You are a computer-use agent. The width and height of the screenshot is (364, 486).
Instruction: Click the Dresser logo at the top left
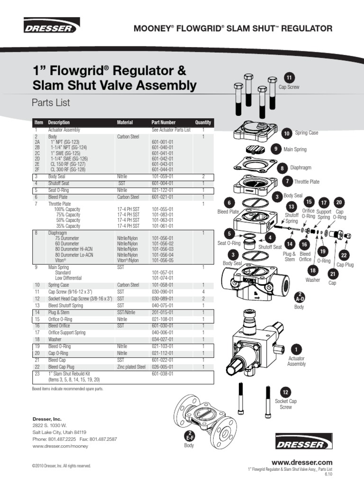(52, 27)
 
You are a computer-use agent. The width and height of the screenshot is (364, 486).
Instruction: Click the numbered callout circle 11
(290, 78)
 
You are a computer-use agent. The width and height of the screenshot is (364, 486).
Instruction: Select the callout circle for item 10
(286, 134)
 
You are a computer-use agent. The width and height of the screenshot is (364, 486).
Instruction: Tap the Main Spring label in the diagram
(295, 150)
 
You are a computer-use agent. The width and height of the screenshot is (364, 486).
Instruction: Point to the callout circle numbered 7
(287, 181)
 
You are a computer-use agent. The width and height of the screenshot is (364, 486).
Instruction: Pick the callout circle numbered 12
(285, 393)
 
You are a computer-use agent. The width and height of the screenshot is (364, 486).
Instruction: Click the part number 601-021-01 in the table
(163, 197)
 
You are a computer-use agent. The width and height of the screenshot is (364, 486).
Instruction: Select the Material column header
(125, 122)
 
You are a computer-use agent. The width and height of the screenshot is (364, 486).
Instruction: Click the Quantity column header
(203, 122)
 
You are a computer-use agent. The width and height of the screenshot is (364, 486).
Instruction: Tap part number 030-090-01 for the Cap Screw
(163, 292)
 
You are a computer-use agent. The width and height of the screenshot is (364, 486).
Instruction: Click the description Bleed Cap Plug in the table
(63, 367)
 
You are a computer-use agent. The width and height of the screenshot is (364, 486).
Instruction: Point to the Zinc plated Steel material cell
(131, 367)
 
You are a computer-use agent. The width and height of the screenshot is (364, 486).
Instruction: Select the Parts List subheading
(51, 103)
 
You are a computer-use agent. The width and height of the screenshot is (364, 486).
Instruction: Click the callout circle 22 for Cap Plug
(344, 255)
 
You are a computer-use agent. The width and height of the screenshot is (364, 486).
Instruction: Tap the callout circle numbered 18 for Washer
(312, 270)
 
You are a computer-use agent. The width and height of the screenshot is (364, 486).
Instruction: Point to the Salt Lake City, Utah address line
(59, 432)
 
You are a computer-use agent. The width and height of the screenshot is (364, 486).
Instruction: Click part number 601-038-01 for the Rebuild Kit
(163, 374)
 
